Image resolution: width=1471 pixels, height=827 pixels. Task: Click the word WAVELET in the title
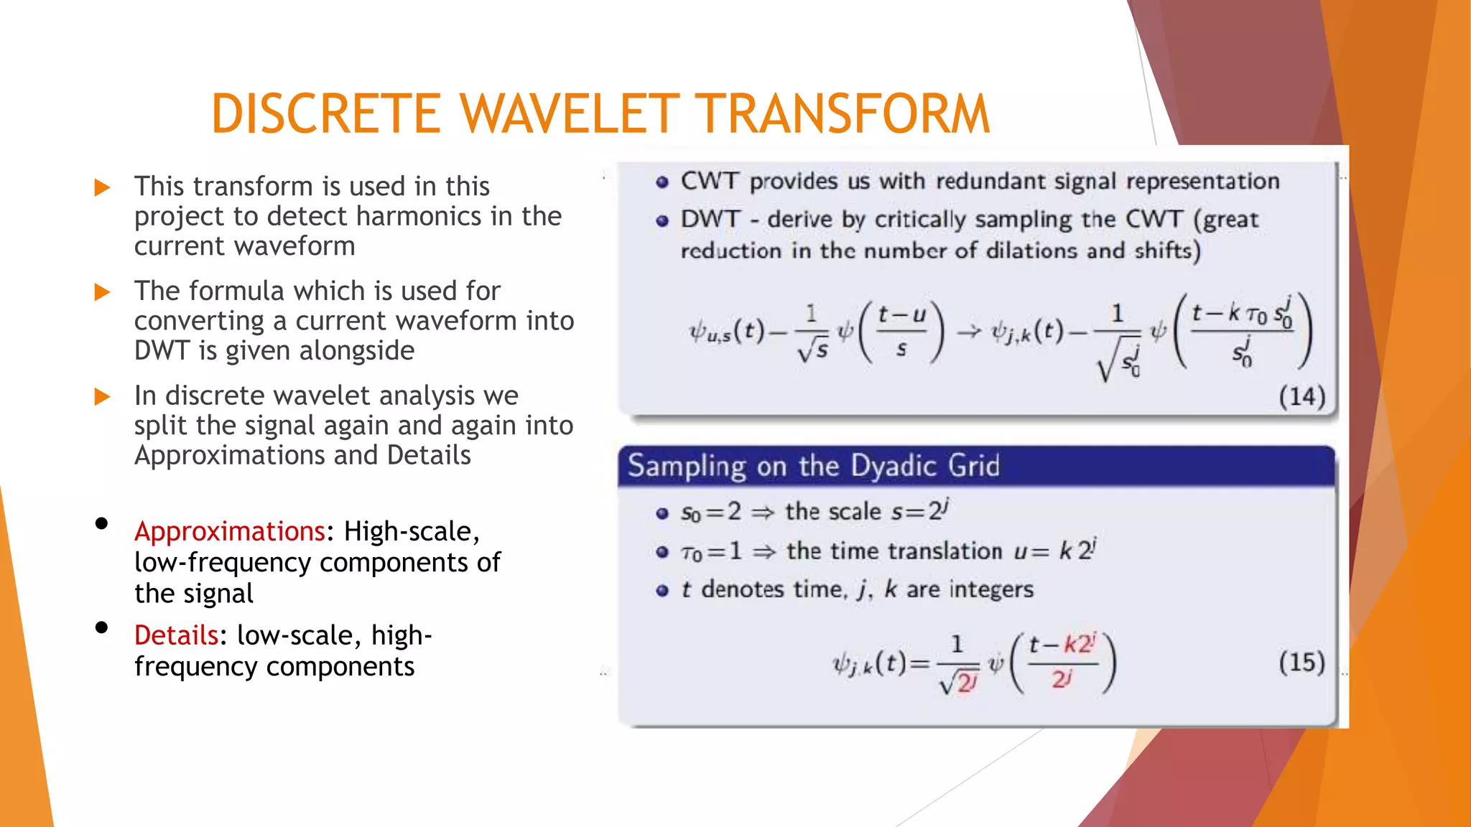click(x=569, y=115)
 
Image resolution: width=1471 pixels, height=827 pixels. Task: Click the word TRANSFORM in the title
click(x=845, y=115)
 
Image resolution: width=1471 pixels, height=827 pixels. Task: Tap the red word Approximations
click(x=230, y=532)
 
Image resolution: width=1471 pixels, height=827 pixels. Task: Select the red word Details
click(x=176, y=636)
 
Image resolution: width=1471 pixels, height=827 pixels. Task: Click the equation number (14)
click(x=1301, y=396)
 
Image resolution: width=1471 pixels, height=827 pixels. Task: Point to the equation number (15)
click(x=1301, y=662)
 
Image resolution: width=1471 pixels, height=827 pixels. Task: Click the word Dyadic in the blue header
click(x=895, y=467)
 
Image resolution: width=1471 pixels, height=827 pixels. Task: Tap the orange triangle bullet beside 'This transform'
click(x=103, y=188)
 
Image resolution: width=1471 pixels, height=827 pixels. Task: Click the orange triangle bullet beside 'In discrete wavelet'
click(x=103, y=397)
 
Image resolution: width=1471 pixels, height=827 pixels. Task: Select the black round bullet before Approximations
click(x=101, y=524)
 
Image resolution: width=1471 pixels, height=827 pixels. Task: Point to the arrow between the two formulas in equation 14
click(x=968, y=332)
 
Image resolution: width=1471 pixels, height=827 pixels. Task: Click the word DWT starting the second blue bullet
click(x=710, y=219)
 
